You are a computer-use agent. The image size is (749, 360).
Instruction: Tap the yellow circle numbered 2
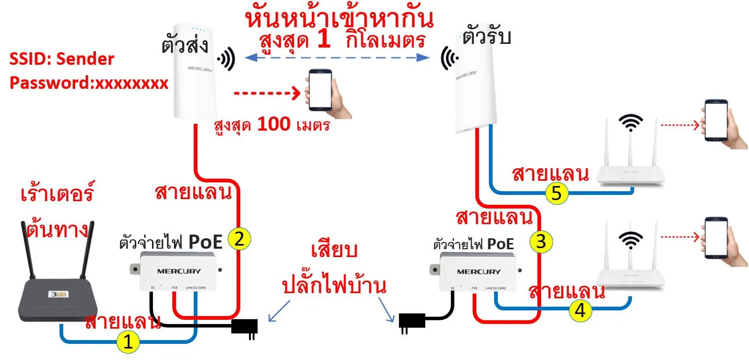[239, 239]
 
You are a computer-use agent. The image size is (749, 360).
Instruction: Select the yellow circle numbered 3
[541, 241]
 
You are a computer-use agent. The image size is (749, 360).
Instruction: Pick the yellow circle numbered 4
[581, 310]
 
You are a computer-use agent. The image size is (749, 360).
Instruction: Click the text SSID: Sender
[62, 59]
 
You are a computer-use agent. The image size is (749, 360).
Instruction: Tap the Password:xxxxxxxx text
[89, 83]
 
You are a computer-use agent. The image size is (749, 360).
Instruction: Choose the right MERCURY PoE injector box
[478, 271]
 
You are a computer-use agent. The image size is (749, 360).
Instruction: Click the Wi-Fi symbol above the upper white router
[631, 123]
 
